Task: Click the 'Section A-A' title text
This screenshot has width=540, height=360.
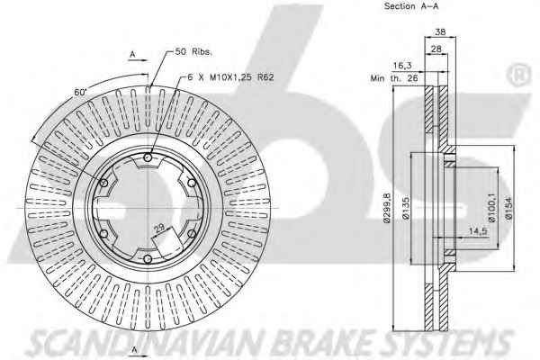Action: click(x=411, y=6)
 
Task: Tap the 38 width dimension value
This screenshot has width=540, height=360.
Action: click(x=440, y=31)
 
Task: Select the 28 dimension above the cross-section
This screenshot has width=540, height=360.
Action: click(x=436, y=49)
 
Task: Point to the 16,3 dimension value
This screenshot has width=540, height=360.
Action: click(x=402, y=66)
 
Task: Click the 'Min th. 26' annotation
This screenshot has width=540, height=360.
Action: click(x=394, y=78)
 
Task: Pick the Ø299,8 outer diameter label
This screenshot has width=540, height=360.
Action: click(x=387, y=208)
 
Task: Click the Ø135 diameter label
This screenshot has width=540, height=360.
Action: click(x=406, y=209)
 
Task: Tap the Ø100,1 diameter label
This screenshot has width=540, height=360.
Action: click(x=491, y=208)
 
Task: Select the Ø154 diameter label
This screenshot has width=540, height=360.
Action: click(x=509, y=208)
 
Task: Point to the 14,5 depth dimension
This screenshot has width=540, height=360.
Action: click(x=479, y=231)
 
